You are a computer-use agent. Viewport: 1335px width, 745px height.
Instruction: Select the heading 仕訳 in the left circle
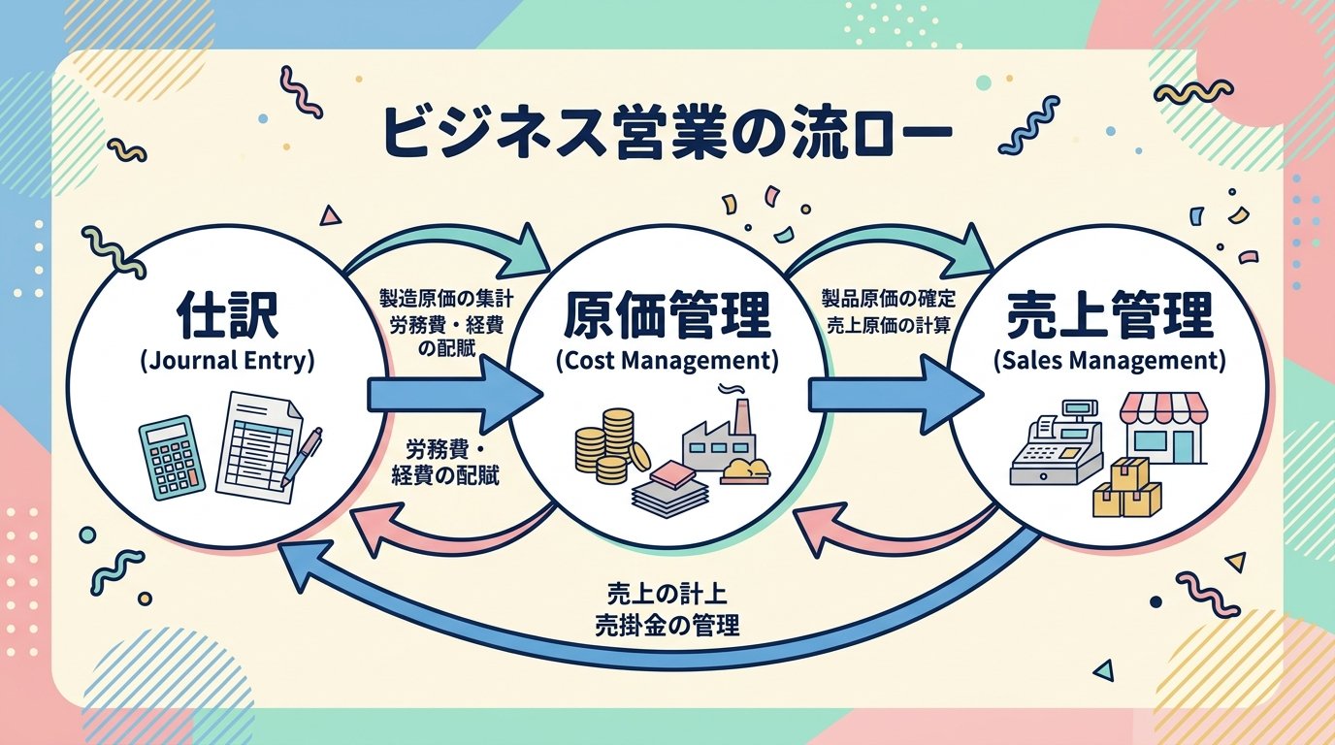[227, 315]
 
